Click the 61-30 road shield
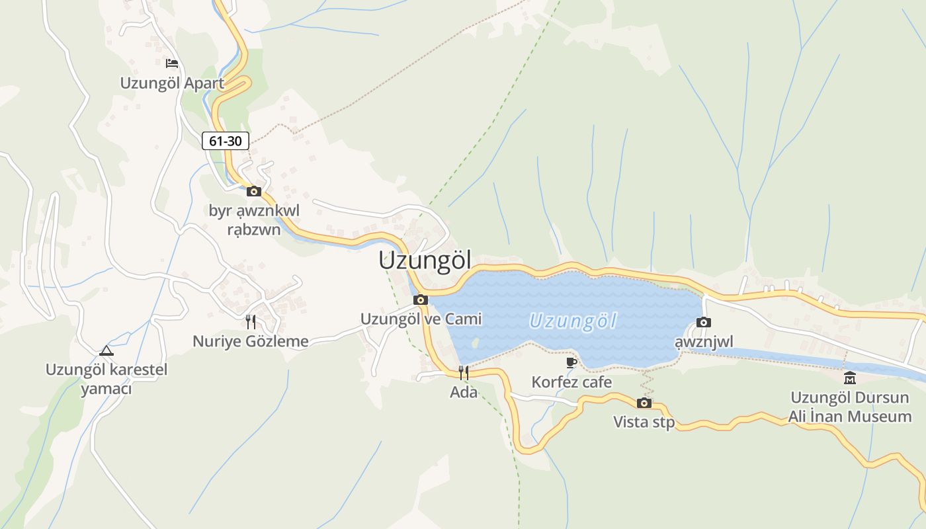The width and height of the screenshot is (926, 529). point(226,141)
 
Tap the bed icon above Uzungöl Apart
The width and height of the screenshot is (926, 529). point(172,63)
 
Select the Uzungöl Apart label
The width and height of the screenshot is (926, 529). point(172,83)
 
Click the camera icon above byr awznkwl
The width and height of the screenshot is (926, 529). point(254,192)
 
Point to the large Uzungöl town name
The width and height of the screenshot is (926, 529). point(425,261)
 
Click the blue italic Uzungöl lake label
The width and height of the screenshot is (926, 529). point(573,322)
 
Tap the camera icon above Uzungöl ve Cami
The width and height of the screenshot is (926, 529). point(421,300)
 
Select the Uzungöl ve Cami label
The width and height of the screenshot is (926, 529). point(421,319)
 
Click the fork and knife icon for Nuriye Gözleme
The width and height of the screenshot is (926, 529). point(251,322)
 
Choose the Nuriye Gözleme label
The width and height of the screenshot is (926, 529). point(251,341)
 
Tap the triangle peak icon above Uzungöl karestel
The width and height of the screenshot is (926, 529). point(106,350)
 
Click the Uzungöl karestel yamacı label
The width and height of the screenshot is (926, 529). point(106,379)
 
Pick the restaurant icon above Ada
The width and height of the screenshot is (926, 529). point(464,373)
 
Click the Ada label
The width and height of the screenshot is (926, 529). point(464,392)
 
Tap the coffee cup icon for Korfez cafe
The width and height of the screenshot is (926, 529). point(571,362)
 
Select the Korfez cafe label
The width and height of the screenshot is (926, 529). point(571,382)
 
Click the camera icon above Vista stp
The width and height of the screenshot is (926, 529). point(644,403)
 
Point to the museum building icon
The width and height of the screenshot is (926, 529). point(850,378)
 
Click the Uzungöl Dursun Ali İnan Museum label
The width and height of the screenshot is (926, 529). point(850,407)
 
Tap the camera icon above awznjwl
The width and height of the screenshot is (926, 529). point(704,323)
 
